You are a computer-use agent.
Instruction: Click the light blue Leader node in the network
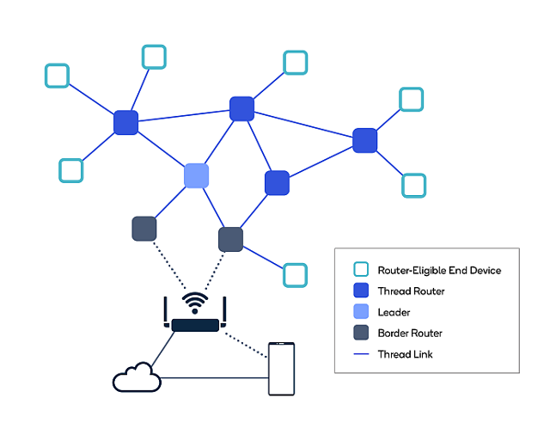(x=197, y=175)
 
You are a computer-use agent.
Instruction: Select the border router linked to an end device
(x=230, y=238)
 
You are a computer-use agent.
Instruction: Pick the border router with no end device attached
(x=144, y=229)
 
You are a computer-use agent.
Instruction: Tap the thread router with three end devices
(x=126, y=122)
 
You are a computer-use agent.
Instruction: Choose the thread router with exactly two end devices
(x=365, y=140)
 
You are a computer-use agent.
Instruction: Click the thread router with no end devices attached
(x=277, y=183)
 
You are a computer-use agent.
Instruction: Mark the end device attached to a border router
(x=295, y=274)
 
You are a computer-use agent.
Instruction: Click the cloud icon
(x=137, y=377)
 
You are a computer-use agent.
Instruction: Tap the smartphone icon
(x=281, y=369)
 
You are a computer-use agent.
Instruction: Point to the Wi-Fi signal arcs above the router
(x=196, y=303)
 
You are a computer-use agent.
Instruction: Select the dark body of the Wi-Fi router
(x=195, y=325)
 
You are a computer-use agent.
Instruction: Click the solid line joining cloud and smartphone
(x=215, y=377)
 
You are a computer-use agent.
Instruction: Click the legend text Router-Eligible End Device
(x=439, y=270)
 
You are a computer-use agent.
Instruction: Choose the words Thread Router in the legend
(x=411, y=291)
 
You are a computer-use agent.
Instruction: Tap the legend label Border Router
(x=410, y=333)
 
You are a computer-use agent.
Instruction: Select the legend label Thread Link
(x=406, y=353)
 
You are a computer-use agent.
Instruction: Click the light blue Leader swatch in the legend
(x=361, y=312)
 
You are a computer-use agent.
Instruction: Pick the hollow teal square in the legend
(x=361, y=270)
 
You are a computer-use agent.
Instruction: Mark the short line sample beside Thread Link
(x=361, y=353)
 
